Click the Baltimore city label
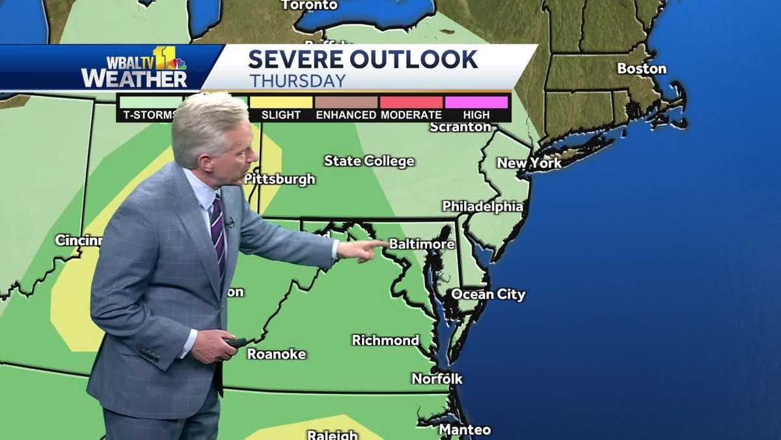pos(422,244)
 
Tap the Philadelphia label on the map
pos(482,207)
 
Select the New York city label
pos(529,163)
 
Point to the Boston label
pos(642,68)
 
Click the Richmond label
pos(385,340)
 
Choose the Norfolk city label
pos(437,379)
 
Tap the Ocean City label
pos(488,295)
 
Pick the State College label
pos(369,161)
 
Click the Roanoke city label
pos(277,354)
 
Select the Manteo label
pos(465,430)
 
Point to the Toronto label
pos(309,5)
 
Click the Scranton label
pos(460,127)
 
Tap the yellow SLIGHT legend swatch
pos(281,102)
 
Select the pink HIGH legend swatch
pos(476,102)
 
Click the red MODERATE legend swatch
pos(411,102)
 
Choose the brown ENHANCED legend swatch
pos(346,102)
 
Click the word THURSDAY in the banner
pos(297,81)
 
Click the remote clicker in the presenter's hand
pos(236,342)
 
